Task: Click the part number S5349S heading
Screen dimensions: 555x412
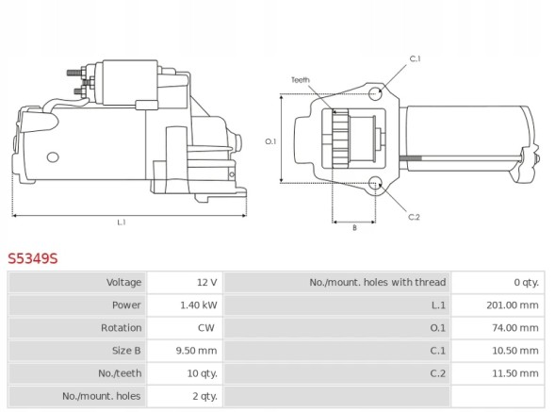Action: [33, 258]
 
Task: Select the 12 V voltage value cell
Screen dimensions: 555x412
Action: [207, 282]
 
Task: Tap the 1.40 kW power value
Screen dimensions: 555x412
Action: [199, 305]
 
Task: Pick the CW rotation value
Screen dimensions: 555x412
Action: [206, 328]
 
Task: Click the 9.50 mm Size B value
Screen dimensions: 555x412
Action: [196, 351]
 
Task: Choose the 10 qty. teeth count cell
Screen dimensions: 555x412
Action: [202, 373]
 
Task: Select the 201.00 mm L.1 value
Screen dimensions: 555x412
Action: [513, 305]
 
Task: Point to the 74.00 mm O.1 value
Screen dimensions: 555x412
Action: [515, 328]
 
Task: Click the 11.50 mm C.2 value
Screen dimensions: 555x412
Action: [515, 373]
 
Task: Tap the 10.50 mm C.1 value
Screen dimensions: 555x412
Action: [515, 351]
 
